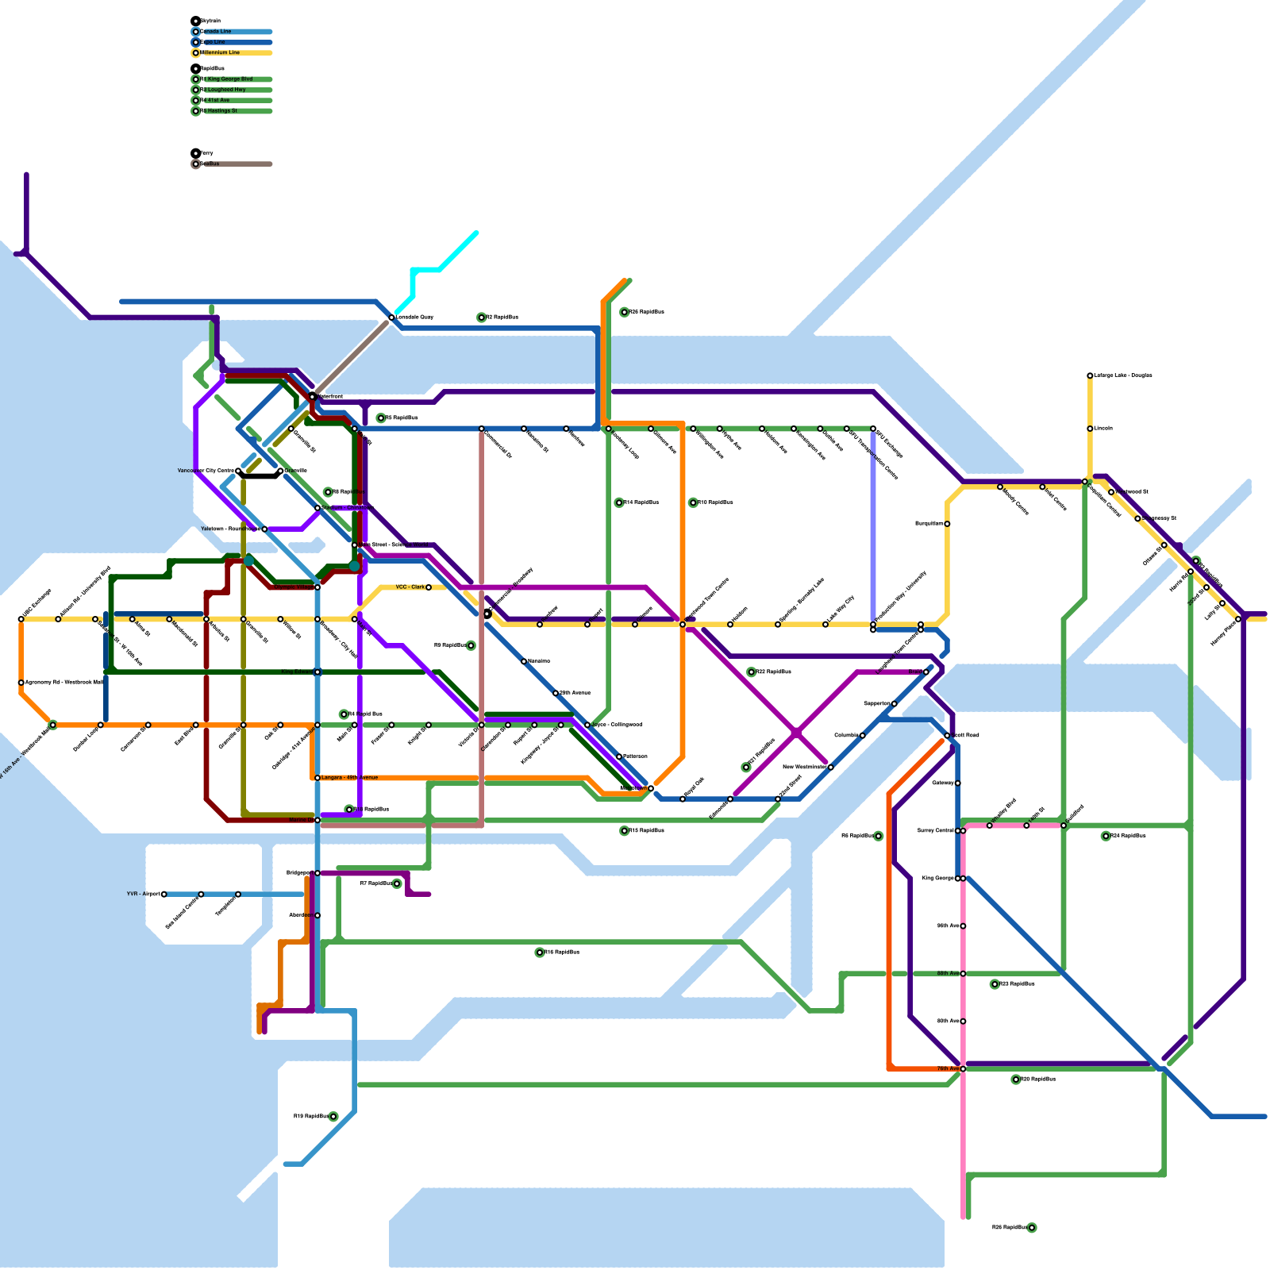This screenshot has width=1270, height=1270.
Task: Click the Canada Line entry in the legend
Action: [x=216, y=32]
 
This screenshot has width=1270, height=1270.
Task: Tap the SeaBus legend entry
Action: [x=210, y=164]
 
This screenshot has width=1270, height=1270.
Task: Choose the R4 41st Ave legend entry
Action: [x=215, y=101]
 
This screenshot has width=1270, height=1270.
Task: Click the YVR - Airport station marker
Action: [x=164, y=895]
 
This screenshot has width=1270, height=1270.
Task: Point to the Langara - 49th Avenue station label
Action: [x=349, y=778]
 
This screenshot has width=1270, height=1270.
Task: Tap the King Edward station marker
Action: [x=317, y=672]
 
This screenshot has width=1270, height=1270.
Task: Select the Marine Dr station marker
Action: [x=317, y=820]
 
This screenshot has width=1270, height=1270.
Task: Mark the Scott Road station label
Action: [x=966, y=736]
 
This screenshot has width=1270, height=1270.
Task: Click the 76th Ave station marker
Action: [x=963, y=1069]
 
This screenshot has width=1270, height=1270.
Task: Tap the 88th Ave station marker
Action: [x=963, y=974]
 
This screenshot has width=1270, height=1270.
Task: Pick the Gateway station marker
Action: [x=958, y=783]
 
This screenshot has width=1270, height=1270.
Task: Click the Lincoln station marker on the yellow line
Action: [x=1090, y=429]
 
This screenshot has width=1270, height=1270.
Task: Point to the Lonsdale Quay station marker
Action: [x=391, y=317]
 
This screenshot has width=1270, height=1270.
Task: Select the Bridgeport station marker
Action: [x=317, y=873]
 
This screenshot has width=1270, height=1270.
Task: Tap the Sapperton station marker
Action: [x=895, y=704]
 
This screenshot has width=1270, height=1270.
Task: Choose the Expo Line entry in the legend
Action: [x=214, y=42]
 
